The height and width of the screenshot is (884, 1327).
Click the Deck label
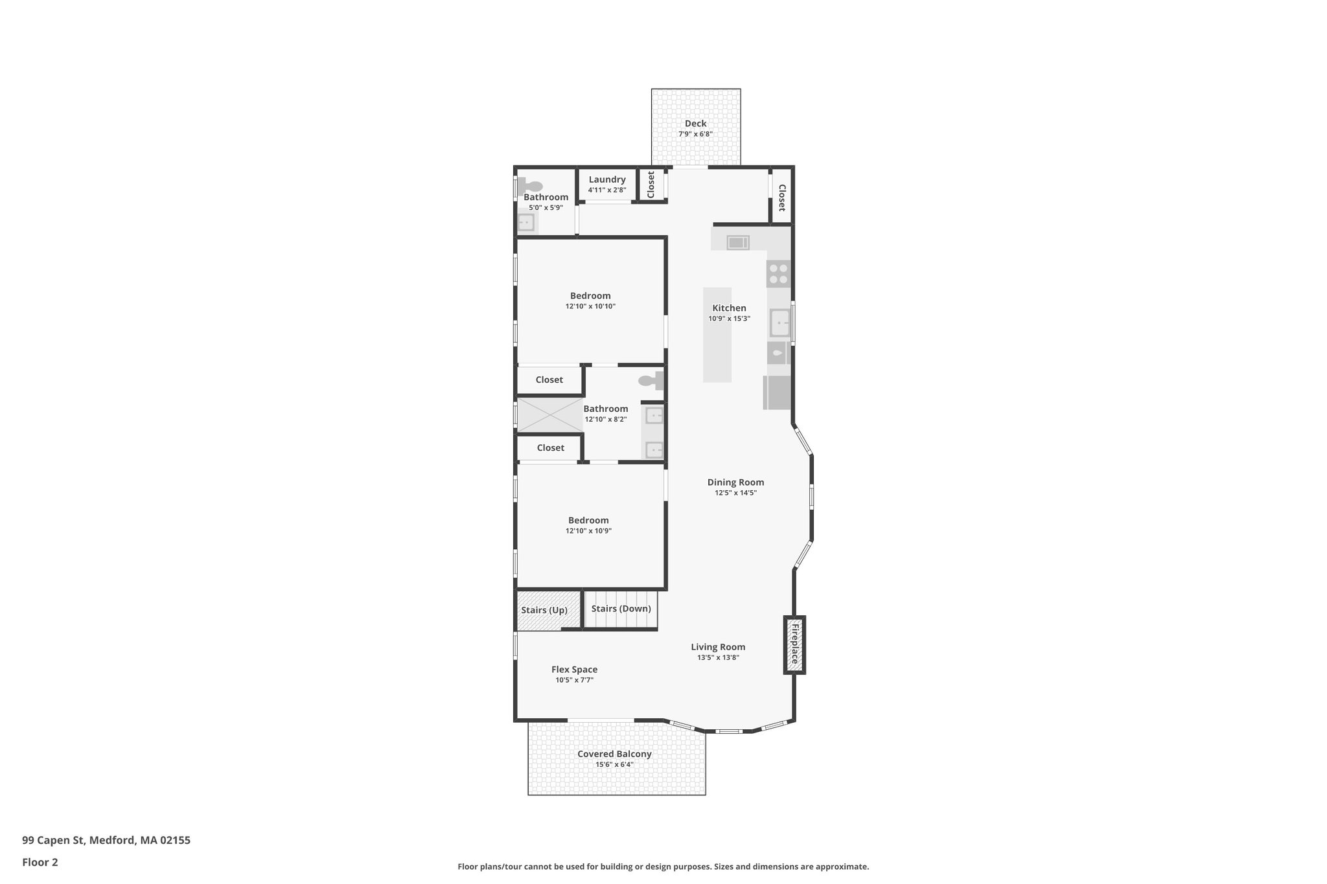point(695,124)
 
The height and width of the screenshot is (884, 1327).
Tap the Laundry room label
point(607,179)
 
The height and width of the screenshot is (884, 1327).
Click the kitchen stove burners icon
point(778,273)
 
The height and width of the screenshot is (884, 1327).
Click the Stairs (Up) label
point(544,610)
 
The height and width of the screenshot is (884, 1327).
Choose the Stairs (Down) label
point(621,609)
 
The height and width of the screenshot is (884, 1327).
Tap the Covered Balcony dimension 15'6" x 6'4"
point(614,765)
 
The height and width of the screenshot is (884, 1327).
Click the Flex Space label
point(574,670)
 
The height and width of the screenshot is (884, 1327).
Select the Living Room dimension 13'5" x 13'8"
point(718,657)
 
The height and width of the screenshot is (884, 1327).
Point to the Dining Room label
point(735,482)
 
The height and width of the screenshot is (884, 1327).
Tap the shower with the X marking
point(549,415)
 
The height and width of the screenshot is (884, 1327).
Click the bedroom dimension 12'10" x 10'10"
point(590,306)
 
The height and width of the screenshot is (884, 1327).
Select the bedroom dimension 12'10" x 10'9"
point(588,531)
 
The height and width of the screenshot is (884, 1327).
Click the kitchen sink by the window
point(779,322)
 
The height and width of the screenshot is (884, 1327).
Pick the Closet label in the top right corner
point(781,198)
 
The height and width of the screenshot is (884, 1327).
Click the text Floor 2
point(40,863)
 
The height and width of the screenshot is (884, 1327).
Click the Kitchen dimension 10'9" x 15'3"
point(729,319)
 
